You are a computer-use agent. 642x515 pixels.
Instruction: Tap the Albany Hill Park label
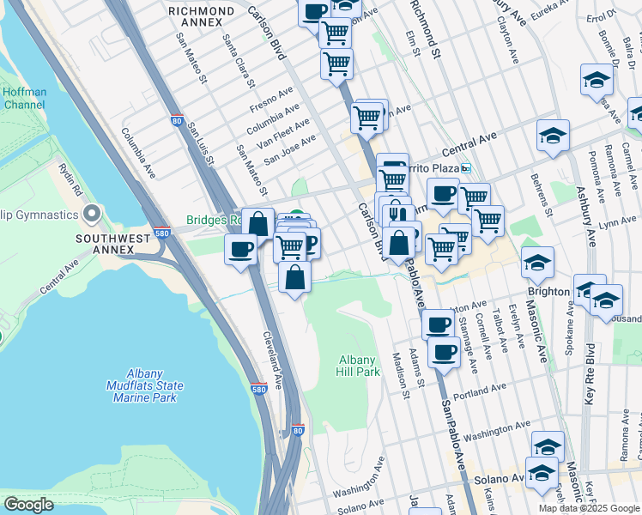[357, 366]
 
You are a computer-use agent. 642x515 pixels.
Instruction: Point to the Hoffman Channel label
[24, 98]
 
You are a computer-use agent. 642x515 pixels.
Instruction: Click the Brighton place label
[548, 291]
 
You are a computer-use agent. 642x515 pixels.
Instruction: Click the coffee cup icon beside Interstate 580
[240, 249]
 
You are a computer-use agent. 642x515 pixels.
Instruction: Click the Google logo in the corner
[28, 505]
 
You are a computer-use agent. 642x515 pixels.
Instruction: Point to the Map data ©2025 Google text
[587, 508]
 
